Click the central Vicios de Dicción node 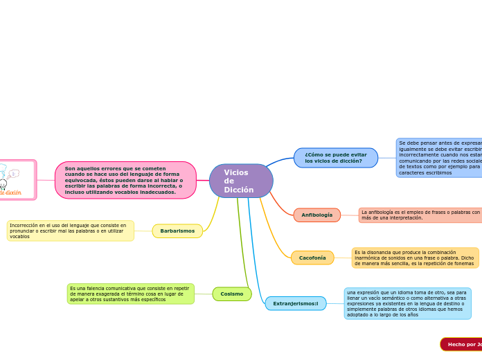(241, 181)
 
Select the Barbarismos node (177, 231)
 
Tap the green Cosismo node (232, 294)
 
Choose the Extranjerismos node (296, 303)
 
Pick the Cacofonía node (312, 258)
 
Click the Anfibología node (316, 215)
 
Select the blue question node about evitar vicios (336, 158)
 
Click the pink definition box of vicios (125, 180)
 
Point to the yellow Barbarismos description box (70, 231)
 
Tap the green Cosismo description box (130, 294)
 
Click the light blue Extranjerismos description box (407, 303)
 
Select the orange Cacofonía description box (415, 258)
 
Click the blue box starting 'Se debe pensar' (439, 158)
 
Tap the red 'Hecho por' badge (461, 344)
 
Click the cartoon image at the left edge (17, 180)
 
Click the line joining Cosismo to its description (204, 294)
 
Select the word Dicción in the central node (238, 190)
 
